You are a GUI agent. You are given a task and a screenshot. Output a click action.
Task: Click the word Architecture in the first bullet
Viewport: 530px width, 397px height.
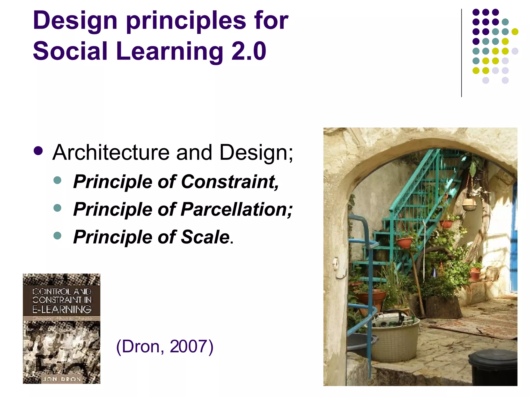pyautogui.click(x=111, y=152)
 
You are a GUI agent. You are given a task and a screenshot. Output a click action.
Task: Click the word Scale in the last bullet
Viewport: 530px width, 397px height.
pyautogui.click(x=205, y=237)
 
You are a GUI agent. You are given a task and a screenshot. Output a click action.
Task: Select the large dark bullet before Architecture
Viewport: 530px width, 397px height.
pyautogui.click(x=38, y=151)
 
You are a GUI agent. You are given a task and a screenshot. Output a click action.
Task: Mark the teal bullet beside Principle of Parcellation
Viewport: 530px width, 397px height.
pyautogui.click(x=57, y=208)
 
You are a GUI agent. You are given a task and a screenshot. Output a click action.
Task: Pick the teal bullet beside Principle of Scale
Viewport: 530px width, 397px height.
pyautogui.click(x=57, y=235)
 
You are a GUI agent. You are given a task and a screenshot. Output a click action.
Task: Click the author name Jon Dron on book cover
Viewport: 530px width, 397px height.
pyautogui.click(x=62, y=379)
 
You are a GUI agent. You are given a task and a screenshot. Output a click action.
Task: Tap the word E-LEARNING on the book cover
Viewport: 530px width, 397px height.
pyautogui.click(x=62, y=309)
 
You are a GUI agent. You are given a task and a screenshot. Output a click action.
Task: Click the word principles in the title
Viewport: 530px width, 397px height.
pyautogui.click(x=186, y=21)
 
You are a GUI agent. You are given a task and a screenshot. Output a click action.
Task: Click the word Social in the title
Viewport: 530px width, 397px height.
pyautogui.click(x=70, y=51)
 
